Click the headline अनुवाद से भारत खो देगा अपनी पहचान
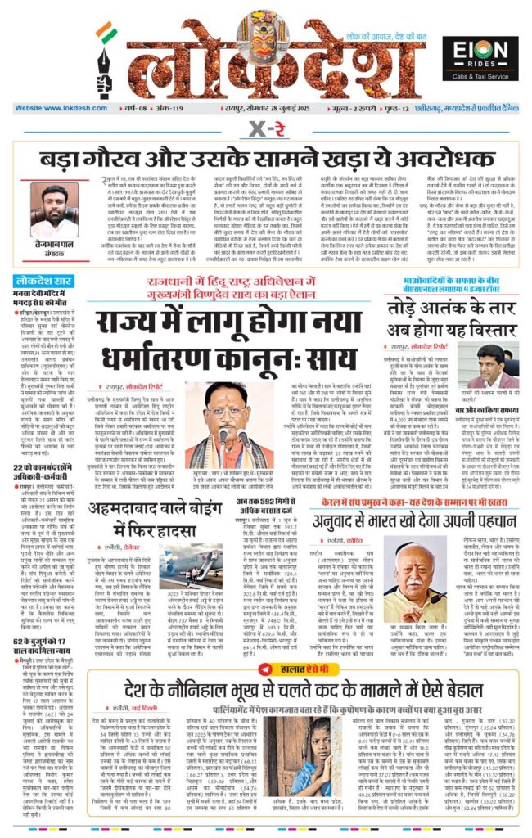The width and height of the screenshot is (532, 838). pyautogui.click(x=404, y=494)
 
